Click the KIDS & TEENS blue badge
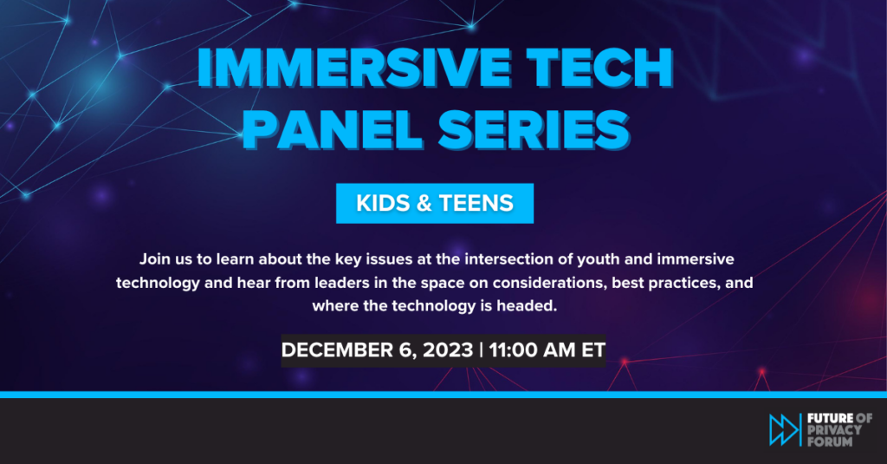pos(435,203)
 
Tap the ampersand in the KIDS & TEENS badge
pos(424,203)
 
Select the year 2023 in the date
pos(448,350)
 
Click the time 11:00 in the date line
pos(512,350)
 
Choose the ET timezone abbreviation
pos(592,350)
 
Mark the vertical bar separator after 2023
pos(481,350)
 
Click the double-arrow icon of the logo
pos(784,429)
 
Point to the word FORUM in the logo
pos(829,441)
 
